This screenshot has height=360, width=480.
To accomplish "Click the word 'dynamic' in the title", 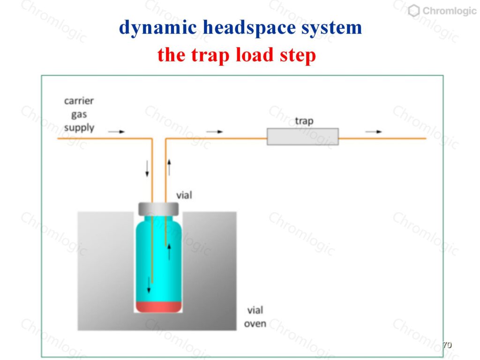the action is tap(157, 28).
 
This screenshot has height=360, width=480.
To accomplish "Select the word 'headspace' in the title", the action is tap(249, 28).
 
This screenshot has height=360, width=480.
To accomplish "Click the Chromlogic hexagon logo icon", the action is tap(414, 11).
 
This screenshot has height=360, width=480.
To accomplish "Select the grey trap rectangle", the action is tap(303, 136).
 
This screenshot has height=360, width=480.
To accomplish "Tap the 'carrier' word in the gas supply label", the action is tap(79, 101).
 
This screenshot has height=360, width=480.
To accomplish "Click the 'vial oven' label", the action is tap(255, 317).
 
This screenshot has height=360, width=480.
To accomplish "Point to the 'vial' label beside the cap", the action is tap(184, 195).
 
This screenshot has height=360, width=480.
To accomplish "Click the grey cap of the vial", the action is tap(158, 209).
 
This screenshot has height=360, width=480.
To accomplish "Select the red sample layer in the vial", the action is tap(158, 307).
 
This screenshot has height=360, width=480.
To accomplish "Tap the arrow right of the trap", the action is tap(374, 132).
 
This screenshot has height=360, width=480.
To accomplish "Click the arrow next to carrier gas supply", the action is tap(117, 132).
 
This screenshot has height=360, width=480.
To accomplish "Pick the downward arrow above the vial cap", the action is tap(147, 169).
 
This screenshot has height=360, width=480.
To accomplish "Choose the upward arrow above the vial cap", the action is tap(169, 167).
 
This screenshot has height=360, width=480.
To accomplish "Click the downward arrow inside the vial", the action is tap(149, 285).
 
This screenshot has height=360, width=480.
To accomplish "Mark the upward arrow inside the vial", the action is tap(169, 252).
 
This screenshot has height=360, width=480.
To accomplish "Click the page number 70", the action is tap(447, 345).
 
